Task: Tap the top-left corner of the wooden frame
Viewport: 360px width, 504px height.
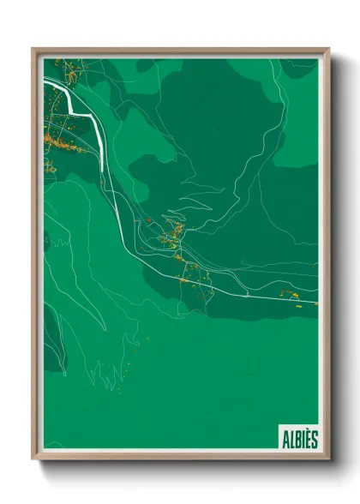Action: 33,49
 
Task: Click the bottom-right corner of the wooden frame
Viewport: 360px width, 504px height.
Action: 328,459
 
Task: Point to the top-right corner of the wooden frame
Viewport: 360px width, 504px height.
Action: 328,49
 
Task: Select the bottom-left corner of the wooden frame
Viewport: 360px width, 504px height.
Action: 33,459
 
